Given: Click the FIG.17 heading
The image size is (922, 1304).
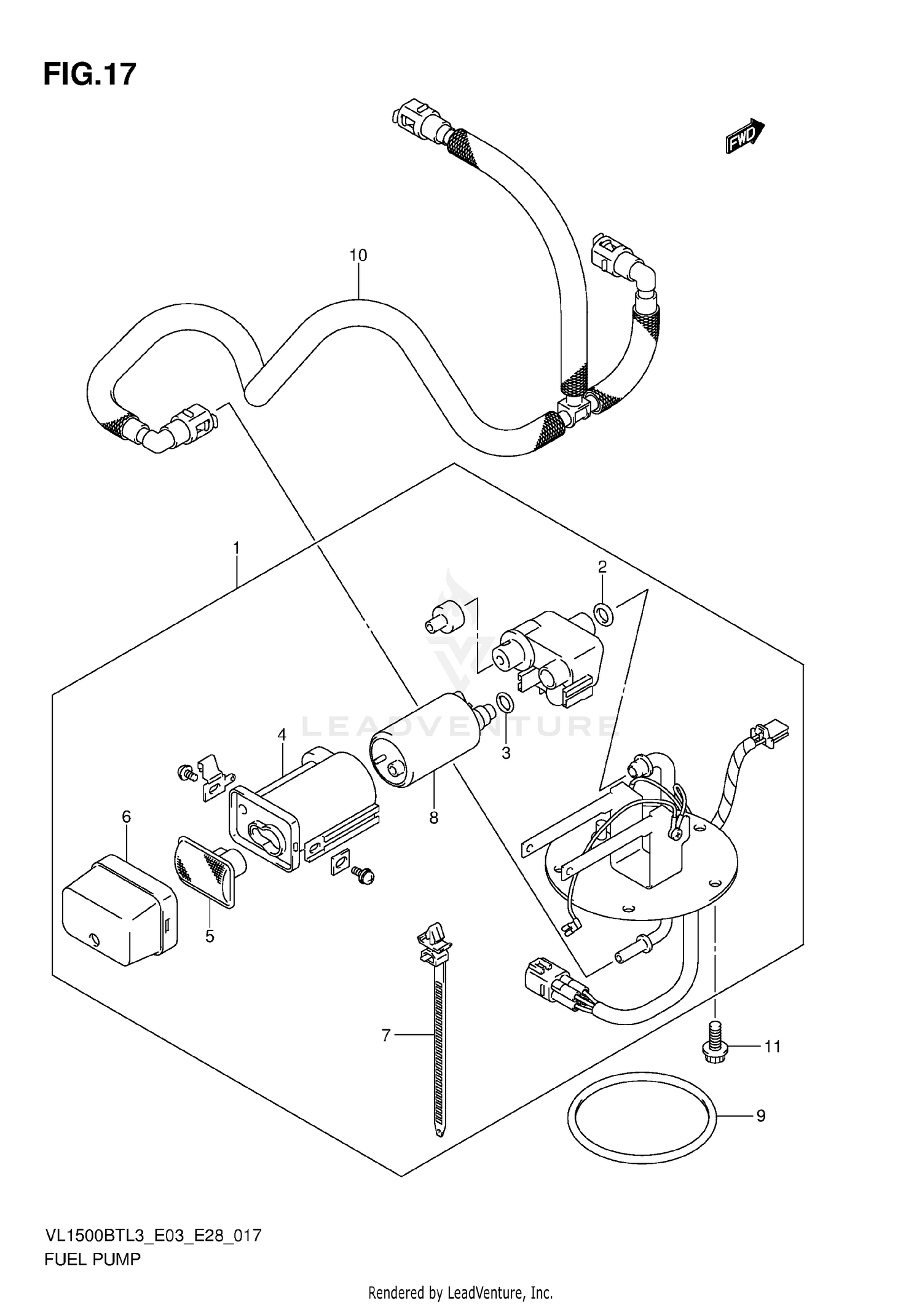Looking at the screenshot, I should click(x=90, y=74).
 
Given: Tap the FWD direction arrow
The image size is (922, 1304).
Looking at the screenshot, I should click(x=744, y=136).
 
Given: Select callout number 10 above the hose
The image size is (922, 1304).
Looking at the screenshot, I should click(x=358, y=255).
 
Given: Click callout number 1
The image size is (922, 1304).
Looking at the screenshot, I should click(x=236, y=547).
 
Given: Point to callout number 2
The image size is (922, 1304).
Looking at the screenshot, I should click(x=602, y=567).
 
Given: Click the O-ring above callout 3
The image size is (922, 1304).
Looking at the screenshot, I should click(x=504, y=701).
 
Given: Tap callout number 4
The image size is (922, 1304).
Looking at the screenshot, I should click(x=282, y=734).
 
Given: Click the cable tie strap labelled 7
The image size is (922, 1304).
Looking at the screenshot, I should click(x=437, y=1039).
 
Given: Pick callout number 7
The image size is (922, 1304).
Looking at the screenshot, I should click(x=385, y=1035).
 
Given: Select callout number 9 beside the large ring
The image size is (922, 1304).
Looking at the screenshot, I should click(x=761, y=1115).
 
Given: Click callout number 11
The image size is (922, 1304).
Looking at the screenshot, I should click(x=772, y=1046).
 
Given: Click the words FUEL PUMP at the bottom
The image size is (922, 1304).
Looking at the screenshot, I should click(x=92, y=1260).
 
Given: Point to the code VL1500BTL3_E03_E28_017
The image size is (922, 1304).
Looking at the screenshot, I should click(x=153, y=1235).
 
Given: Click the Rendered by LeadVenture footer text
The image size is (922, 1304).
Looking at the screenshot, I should click(x=460, y=1292).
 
